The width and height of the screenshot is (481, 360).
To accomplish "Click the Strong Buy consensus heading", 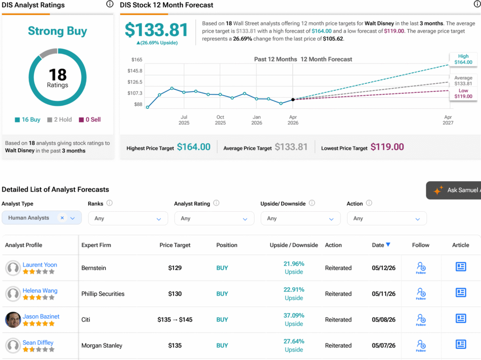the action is tap(57, 31).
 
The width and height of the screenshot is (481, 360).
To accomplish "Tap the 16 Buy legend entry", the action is tap(28, 120).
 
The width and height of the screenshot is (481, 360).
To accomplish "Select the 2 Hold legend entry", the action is tap(60, 120).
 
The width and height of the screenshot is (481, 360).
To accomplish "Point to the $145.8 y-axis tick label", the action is tap(135, 71).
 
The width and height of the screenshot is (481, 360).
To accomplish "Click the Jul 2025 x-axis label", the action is tap(184, 120).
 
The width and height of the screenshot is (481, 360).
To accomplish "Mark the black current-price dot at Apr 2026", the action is tap(293, 100).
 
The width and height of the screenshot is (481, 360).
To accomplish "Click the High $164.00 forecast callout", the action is tap(463, 59).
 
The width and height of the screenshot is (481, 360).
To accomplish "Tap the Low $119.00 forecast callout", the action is tap(463, 93).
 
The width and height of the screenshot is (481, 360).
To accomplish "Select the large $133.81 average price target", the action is tap(156, 30).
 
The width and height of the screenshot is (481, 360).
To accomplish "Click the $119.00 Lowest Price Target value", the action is tap(387, 147).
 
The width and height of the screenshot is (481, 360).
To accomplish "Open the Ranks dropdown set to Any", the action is tap(128, 218).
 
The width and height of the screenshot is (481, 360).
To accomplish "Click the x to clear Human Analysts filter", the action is tap(62, 218).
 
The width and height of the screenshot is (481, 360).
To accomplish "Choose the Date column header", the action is tap(381, 245).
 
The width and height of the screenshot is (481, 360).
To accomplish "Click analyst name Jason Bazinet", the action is tap(41, 316).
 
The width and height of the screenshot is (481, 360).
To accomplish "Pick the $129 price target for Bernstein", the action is tap(175, 268).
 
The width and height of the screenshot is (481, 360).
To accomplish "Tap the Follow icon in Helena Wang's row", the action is tap(421, 294).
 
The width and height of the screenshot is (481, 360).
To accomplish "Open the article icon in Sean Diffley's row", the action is tap(461, 345).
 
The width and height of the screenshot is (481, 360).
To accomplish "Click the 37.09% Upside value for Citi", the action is tap(294, 320).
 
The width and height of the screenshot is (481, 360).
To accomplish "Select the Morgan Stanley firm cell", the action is tap(102, 345).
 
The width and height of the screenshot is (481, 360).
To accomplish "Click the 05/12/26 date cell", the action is tap(384, 268).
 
